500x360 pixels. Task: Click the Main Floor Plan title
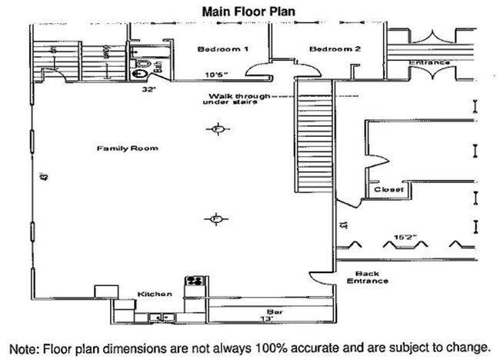click(x=250, y=12)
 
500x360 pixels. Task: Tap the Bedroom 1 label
click(x=222, y=49)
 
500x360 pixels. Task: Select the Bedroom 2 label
click(x=335, y=49)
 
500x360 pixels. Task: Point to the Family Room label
click(x=128, y=148)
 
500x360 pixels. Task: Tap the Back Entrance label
click(x=372, y=278)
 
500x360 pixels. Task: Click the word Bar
click(x=265, y=308)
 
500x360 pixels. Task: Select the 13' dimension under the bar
click(x=265, y=318)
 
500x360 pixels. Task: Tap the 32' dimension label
click(x=149, y=89)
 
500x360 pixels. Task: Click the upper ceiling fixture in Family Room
click(x=218, y=128)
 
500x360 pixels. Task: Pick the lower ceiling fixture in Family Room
click(x=216, y=220)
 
